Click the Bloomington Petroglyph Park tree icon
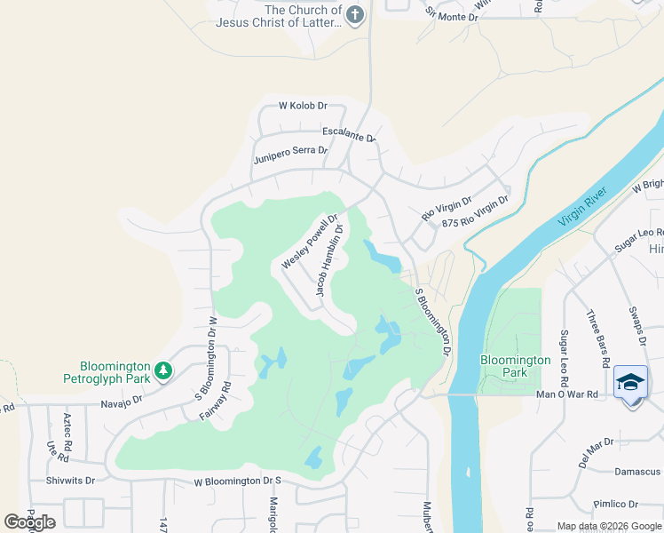[163, 370]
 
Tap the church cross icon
[354, 15]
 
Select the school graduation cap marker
[630, 382]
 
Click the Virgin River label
[581, 208]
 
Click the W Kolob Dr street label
[303, 106]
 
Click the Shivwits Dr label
[70, 480]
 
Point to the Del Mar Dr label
[596, 442]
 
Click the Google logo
[30, 522]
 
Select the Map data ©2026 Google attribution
[609, 526]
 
